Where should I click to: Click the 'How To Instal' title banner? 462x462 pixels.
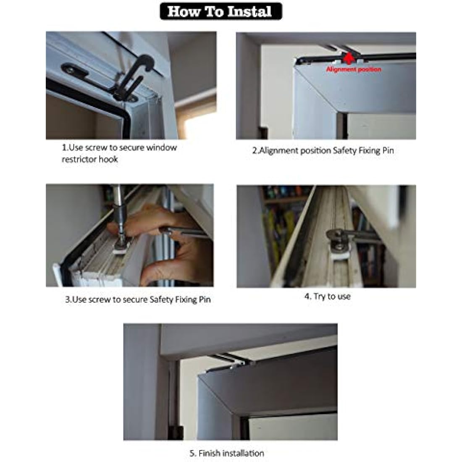click(x=220, y=11)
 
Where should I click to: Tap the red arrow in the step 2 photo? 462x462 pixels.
click(x=349, y=58)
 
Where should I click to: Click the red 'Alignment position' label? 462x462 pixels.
click(x=354, y=69)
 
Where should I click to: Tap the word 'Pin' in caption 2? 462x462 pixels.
click(x=388, y=150)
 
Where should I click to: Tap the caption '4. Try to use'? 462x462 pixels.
click(x=327, y=296)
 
